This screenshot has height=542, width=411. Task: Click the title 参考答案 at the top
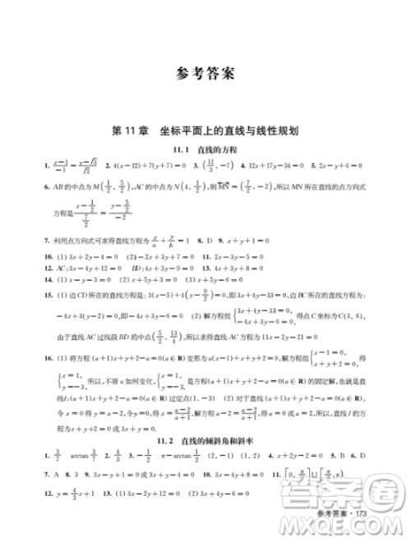click(x=205, y=73)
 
